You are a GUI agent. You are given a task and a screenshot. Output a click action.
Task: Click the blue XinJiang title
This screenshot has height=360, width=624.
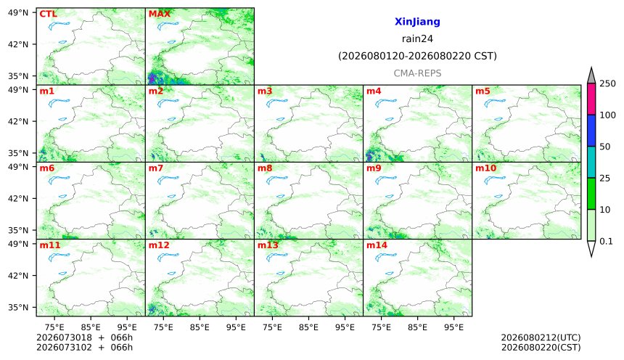[x=417, y=22]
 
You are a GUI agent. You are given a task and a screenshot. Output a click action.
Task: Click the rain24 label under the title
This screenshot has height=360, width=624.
[x=417, y=39]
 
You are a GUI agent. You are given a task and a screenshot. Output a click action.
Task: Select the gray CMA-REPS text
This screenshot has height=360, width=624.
[x=417, y=73]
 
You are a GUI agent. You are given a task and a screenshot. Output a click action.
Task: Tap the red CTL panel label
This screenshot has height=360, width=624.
[x=48, y=14]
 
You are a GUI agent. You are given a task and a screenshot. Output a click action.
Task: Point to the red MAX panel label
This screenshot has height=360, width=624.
[x=159, y=14]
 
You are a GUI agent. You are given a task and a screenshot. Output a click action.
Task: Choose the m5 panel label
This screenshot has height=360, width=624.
[x=483, y=91]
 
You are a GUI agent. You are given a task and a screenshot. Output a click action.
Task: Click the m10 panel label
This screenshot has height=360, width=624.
[x=485, y=168]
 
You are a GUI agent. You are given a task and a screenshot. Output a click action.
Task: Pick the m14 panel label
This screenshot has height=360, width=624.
[x=377, y=245]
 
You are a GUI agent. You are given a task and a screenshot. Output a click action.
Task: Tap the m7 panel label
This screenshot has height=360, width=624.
[x=155, y=168]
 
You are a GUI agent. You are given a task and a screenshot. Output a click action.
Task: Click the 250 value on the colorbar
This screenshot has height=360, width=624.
[x=608, y=83]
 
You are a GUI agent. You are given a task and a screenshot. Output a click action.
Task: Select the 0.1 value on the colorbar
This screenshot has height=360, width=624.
[x=606, y=241]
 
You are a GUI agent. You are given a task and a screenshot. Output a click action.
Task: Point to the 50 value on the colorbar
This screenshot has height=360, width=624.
[x=605, y=147]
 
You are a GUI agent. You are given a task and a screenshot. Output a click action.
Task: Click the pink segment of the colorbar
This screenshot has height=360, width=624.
[x=591, y=99]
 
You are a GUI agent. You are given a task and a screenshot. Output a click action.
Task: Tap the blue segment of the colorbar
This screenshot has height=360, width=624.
[x=591, y=131]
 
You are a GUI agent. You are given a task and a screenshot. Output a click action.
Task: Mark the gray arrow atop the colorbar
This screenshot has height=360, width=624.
[x=591, y=75]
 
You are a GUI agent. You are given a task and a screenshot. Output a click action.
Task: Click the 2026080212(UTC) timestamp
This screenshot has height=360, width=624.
[x=541, y=337]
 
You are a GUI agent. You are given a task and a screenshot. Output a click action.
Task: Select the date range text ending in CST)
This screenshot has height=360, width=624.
[x=417, y=56]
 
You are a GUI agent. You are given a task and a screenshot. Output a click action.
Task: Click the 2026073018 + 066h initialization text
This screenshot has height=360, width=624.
[x=84, y=337]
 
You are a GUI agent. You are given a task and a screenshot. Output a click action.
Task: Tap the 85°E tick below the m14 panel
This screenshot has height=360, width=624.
[x=417, y=327]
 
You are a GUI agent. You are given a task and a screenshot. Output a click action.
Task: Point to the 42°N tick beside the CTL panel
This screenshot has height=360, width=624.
[x=19, y=44]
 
